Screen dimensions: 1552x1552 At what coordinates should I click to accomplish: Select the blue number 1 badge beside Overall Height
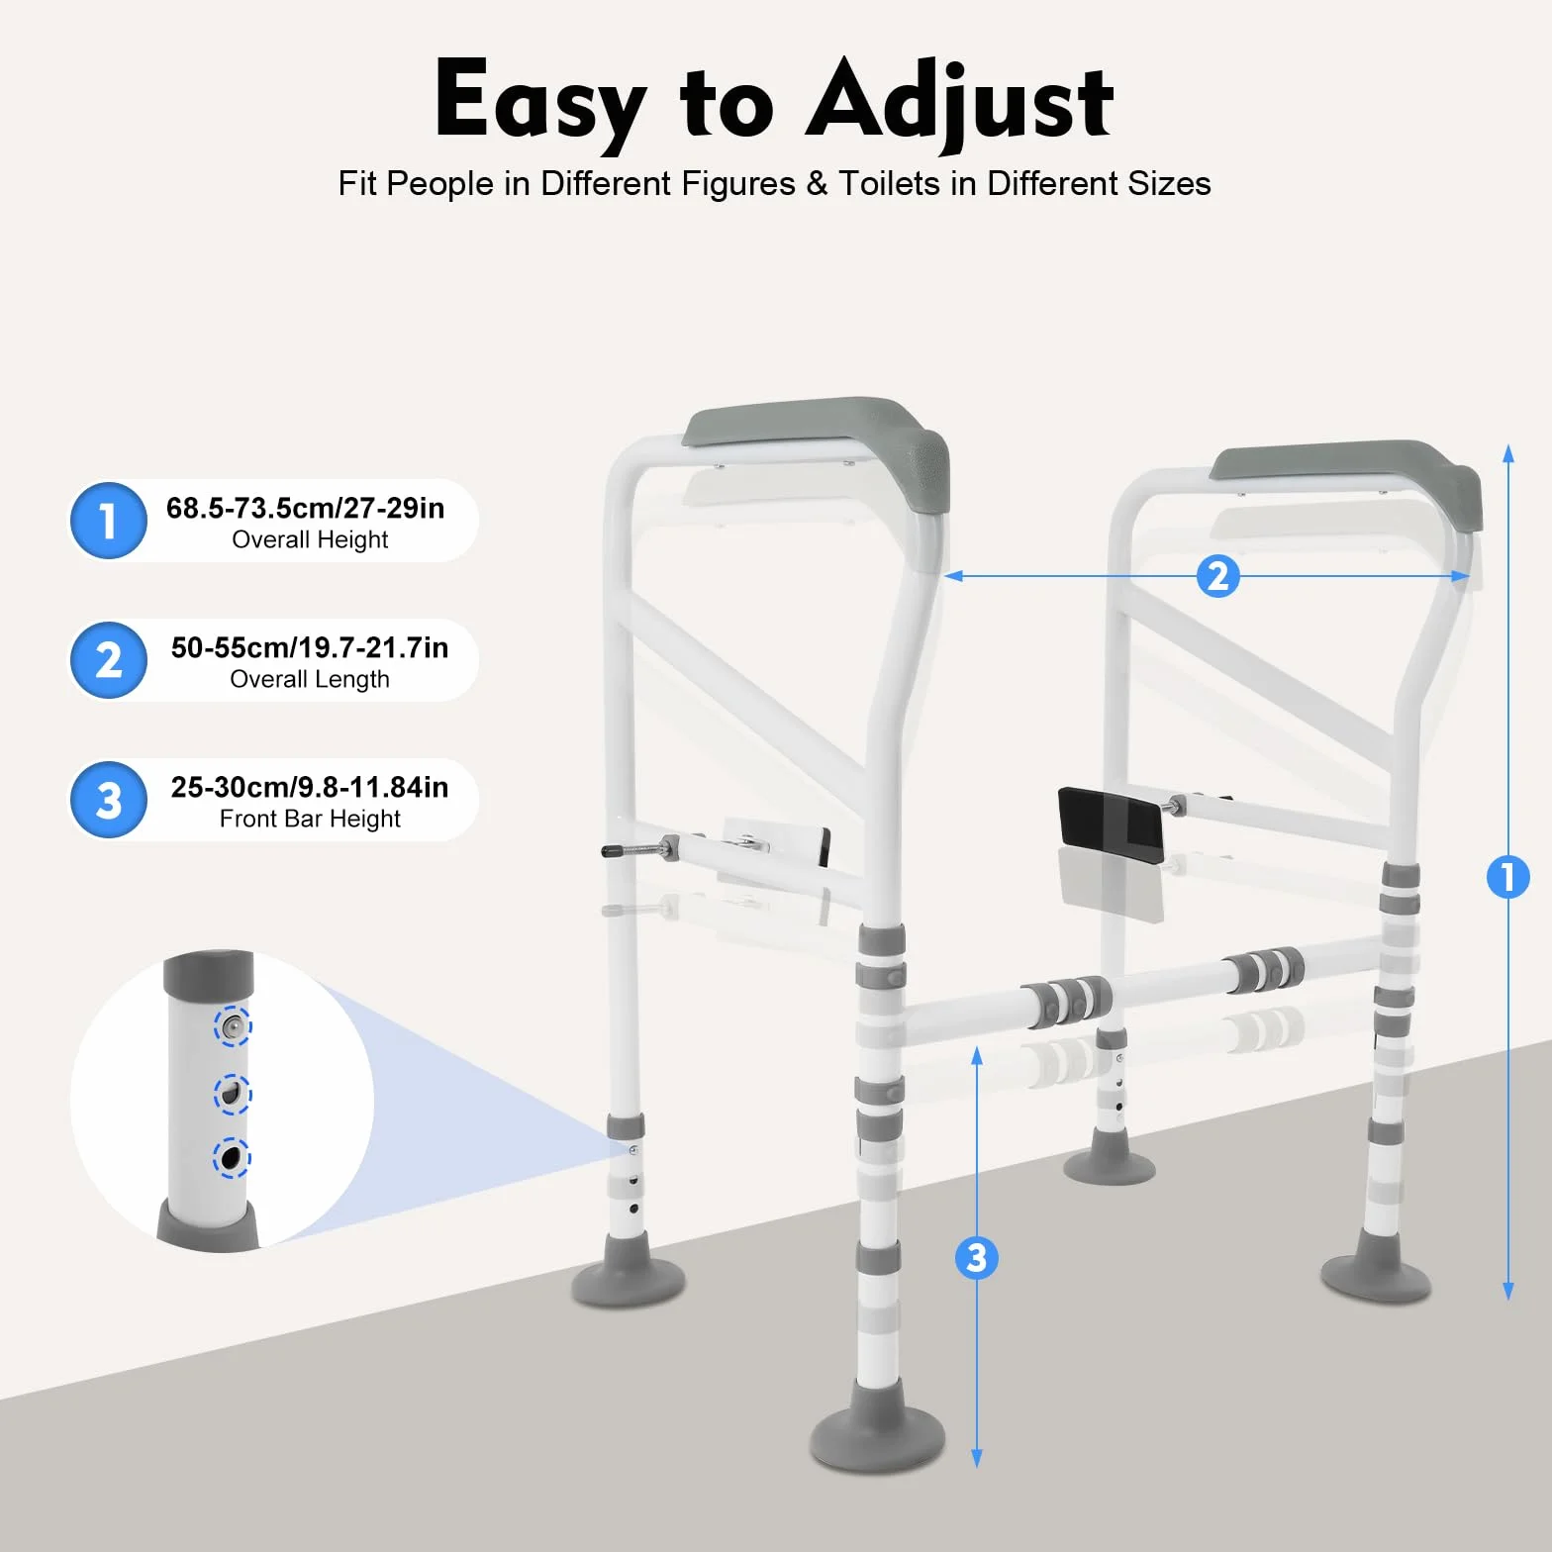(109, 521)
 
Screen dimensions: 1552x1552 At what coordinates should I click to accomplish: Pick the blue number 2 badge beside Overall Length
(109, 660)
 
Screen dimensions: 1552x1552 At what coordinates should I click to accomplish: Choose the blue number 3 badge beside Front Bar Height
(109, 800)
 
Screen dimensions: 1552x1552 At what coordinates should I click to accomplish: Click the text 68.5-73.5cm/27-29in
(305, 508)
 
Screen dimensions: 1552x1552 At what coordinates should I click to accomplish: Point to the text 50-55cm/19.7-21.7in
(309, 647)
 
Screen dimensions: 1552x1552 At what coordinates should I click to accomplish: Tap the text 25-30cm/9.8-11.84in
(309, 787)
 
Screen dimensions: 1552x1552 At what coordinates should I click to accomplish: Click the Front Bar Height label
(310, 819)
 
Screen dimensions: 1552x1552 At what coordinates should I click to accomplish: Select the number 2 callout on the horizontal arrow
(1218, 576)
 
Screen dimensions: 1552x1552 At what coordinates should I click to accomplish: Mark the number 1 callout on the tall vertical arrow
(1507, 877)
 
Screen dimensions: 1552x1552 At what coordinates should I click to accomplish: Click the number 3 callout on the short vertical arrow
(976, 1258)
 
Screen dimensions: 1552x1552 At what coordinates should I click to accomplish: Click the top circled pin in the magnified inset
(233, 1026)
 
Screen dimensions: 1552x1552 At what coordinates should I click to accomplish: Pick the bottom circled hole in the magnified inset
(233, 1158)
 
